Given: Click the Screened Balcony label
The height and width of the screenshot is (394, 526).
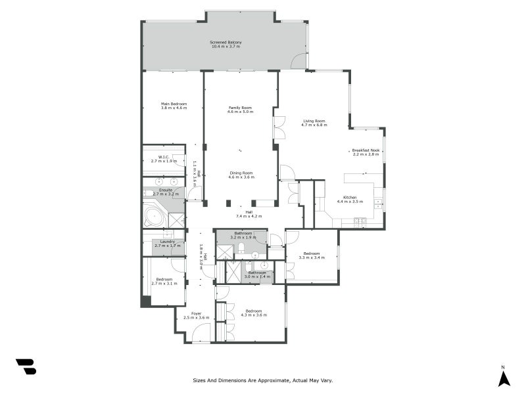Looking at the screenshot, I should coord(226,42).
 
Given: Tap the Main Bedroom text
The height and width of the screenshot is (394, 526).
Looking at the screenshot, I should coord(174,104).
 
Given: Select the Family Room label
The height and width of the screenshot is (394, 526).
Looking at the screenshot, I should coord(240,108).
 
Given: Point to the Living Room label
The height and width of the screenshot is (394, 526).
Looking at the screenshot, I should coord(314,121).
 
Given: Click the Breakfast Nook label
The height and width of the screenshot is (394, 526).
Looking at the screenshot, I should coord(366,150).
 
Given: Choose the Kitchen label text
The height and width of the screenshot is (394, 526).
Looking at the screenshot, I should coord(350,198).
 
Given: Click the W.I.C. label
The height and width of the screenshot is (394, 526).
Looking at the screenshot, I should coord(164,156).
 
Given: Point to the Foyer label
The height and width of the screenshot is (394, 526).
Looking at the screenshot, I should coord(196,313).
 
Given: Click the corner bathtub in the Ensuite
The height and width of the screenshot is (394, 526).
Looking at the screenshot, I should coord(155,217).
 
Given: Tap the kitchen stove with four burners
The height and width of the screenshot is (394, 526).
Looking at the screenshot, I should coord(379,193).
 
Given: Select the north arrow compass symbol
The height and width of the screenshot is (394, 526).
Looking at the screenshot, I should coord(504,378).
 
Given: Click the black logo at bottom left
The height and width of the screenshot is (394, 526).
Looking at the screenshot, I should coord(26,366).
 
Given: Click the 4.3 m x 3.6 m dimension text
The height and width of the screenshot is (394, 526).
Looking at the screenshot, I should coord(254,315).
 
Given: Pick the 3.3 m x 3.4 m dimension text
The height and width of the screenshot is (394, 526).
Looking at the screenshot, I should coord(312,257).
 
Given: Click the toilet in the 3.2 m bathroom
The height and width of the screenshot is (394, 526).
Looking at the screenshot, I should coord(241,248).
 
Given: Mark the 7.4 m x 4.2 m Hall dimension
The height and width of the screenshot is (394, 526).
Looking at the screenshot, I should coord(249,216).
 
